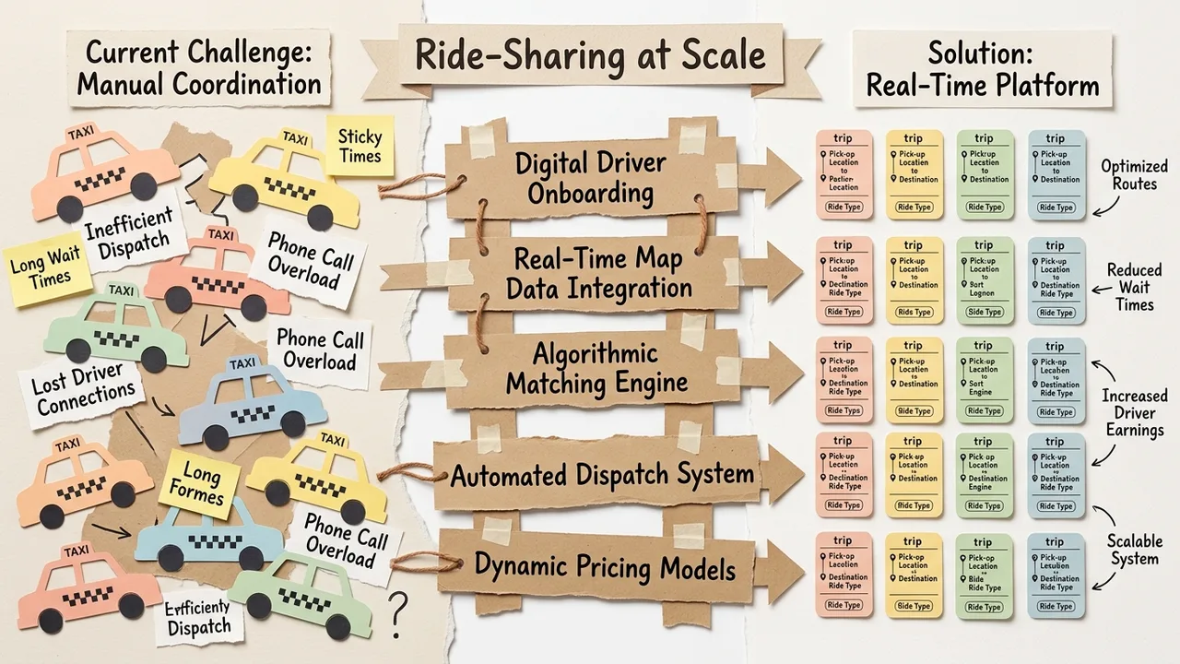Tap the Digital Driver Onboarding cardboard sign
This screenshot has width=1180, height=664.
(590, 178)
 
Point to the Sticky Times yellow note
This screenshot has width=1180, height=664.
(360, 147)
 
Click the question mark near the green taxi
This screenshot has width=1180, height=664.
(397, 611)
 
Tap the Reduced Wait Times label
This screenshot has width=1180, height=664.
(1135, 287)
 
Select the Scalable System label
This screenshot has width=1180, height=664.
(1135, 550)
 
